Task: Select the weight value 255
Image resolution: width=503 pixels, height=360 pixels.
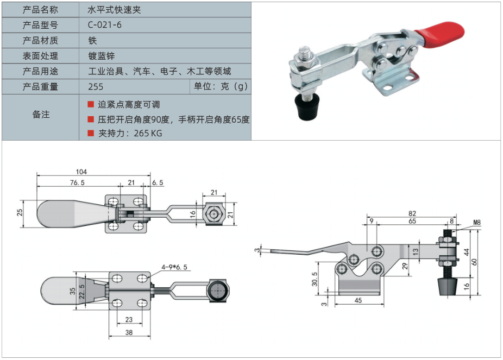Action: [x=95, y=86]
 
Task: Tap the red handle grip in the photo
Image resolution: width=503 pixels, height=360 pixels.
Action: [x=441, y=34]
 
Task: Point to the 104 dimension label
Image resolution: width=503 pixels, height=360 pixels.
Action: [x=82, y=171]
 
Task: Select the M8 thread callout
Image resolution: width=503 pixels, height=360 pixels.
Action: [x=477, y=222]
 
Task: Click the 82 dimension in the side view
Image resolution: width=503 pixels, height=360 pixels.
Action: [x=412, y=213]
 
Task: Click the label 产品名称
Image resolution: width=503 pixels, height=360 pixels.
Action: [x=40, y=10]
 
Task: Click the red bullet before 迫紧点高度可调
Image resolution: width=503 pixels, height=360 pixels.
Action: [x=91, y=104]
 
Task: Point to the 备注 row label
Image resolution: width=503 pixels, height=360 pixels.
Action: [x=41, y=115]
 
